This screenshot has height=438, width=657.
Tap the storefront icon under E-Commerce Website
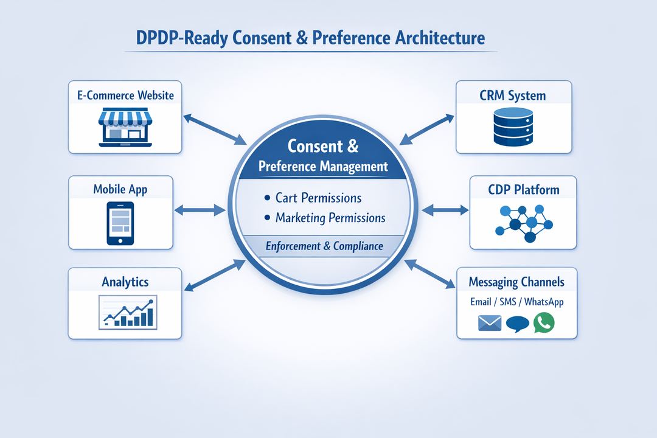point(125,128)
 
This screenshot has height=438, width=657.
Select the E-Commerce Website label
point(125,95)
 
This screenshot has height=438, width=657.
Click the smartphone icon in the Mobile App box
point(120,223)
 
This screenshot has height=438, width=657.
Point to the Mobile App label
point(120,189)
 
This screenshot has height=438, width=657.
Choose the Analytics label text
point(125,282)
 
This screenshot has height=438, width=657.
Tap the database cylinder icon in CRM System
point(513,128)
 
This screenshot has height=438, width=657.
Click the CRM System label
point(513,96)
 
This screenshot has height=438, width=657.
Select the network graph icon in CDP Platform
point(523,222)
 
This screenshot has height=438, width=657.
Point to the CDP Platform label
point(523,190)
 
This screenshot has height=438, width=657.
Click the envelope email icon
point(489,323)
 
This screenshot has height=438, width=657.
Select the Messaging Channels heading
point(516,282)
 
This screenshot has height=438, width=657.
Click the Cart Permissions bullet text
point(318,198)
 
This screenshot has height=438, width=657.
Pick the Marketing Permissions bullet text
point(330,218)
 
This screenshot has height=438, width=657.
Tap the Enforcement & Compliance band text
point(324,246)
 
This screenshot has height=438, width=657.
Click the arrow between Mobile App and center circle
point(200,210)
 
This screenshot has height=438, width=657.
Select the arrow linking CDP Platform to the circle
point(445,210)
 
